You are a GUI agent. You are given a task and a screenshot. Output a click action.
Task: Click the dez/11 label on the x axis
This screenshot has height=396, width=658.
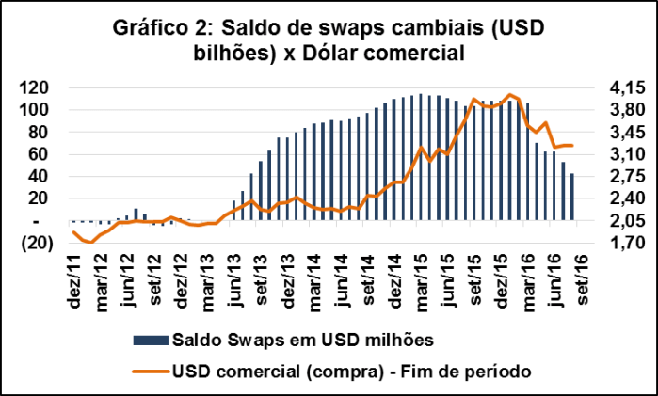tap(72, 279)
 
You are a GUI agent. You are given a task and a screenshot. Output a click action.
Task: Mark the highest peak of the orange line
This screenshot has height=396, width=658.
tap(510, 94)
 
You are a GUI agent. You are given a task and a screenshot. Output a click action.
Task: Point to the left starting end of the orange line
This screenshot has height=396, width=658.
tap(73, 232)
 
